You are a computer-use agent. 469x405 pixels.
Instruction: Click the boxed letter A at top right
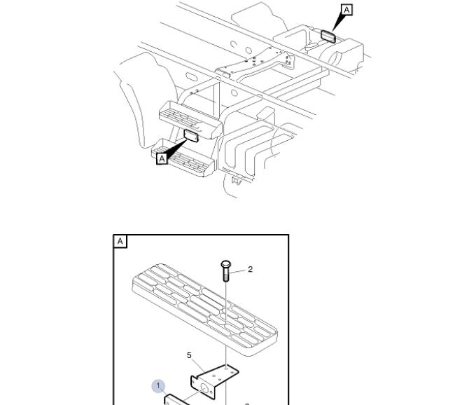click(x=346, y=10)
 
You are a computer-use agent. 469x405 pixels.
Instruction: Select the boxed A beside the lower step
click(x=162, y=158)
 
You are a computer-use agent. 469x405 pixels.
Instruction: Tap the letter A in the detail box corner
click(x=120, y=241)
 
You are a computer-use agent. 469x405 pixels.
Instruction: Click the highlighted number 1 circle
click(x=158, y=386)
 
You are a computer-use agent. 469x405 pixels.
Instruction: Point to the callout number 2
click(x=251, y=269)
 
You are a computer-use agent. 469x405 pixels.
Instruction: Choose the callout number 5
click(x=189, y=355)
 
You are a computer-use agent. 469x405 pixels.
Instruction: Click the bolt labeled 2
click(x=225, y=271)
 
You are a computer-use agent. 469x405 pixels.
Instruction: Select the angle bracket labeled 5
click(x=215, y=381)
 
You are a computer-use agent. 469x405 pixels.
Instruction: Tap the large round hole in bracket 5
click(x=204, y=389)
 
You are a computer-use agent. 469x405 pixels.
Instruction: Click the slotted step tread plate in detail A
click(x=204, y=309)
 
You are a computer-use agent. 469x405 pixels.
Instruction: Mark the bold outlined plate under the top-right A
click(x=328, y=36)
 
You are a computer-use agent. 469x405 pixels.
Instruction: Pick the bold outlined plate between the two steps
click(x=191, y=136)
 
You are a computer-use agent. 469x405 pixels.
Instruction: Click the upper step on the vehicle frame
click(x=190, y=119)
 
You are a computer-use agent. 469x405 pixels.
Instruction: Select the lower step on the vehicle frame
click(x=183, y=158)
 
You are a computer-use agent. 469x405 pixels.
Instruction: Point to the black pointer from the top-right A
click(x=337, y=22)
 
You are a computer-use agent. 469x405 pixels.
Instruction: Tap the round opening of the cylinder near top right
click(x=335, y=57)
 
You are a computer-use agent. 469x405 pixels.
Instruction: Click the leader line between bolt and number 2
click(x=239, y=271)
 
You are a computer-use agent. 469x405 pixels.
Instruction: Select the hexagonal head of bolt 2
click(x=225, y=265)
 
